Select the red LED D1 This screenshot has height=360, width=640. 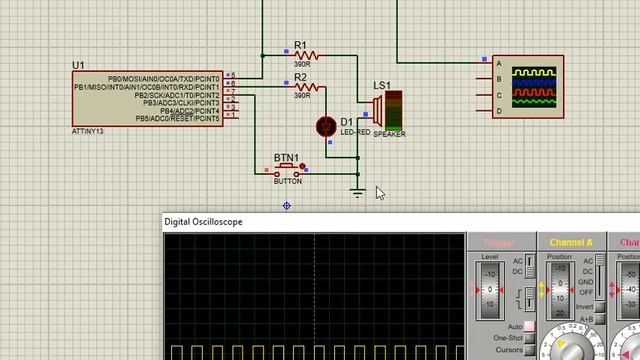326,126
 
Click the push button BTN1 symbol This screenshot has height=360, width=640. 288,170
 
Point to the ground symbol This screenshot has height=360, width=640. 358,191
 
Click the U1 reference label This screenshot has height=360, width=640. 78,66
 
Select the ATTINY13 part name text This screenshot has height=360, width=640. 89,130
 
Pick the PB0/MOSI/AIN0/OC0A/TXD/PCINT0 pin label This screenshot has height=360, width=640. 164,77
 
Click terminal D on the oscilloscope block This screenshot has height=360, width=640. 498,112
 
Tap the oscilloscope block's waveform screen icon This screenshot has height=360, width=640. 532,87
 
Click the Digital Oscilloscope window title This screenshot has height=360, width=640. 203,222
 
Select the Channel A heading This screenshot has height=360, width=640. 570,242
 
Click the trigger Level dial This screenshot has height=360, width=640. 489,290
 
